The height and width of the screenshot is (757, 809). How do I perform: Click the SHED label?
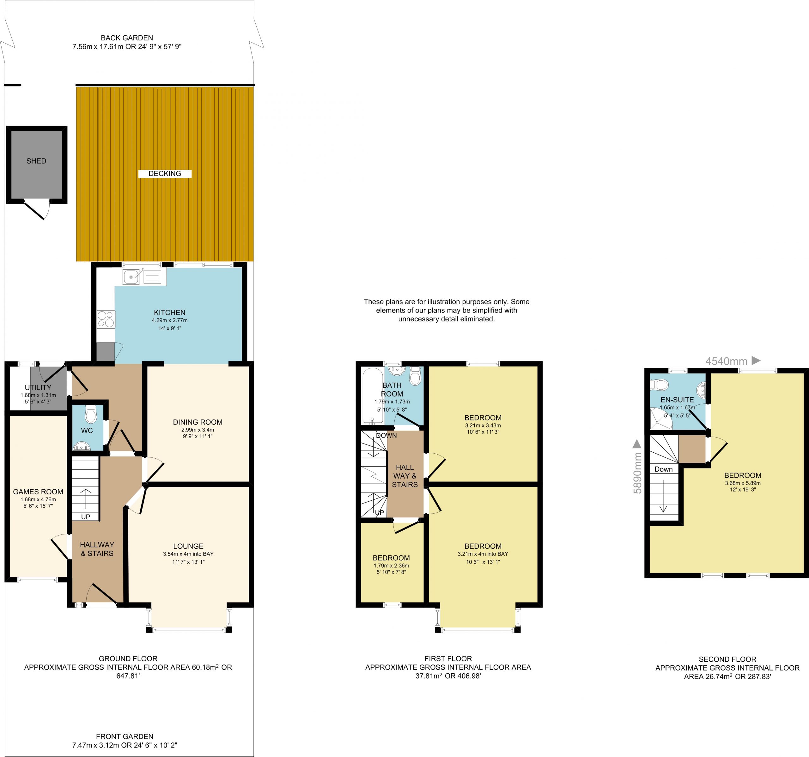pyautogui.click(x=36, y=161)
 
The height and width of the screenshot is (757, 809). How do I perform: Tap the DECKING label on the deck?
pyautogui.click(x=165, y=174)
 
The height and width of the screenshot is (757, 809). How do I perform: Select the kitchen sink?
pyautogui.click(x=131, y=277)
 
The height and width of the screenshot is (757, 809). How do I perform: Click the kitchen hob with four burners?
pyautogui.click(x=106, y=319)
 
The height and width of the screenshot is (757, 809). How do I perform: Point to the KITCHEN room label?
pyautogui.click(x=170, y=313)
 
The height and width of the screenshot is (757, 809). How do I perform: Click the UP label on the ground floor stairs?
pyautogui.click(x=85, y=517)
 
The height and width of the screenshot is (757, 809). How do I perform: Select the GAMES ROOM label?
pyautogui.click(x=38, y=492)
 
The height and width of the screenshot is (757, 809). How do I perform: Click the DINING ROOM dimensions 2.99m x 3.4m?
pyautogui.click(x=198, y=430)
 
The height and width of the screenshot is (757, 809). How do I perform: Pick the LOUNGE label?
pyautogui.click(x=188, y=546)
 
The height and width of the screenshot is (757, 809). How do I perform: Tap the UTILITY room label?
pyautogui.click(x=38, y=387)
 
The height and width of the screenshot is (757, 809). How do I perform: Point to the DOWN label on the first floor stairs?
pyautogui.click(x=386, y=435)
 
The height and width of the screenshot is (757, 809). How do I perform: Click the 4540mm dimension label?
pyautogui.click(x=727, y=361)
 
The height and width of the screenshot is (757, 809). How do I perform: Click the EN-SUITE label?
pyautogui.click(x=677, y=400)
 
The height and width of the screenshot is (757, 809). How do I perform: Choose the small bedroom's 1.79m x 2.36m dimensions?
pyautogui.click(x=392, y=565)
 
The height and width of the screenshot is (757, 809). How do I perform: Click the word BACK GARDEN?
pyautogui.click(x=127, y=38)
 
